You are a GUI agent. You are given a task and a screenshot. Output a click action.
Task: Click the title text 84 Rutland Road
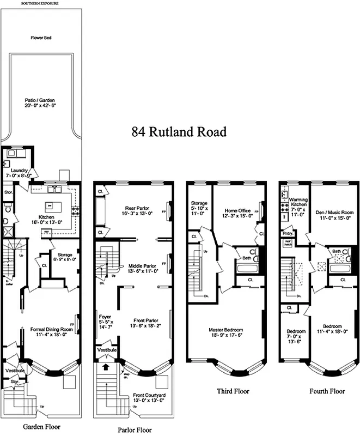pos(179,132)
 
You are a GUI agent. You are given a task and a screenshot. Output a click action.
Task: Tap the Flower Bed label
pos(41,38)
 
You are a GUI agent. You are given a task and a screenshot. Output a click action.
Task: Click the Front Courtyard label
pos(149,399)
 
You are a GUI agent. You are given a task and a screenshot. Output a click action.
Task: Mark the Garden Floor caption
pos(41,427)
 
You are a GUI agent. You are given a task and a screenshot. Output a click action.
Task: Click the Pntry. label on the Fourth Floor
pos(287,234)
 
